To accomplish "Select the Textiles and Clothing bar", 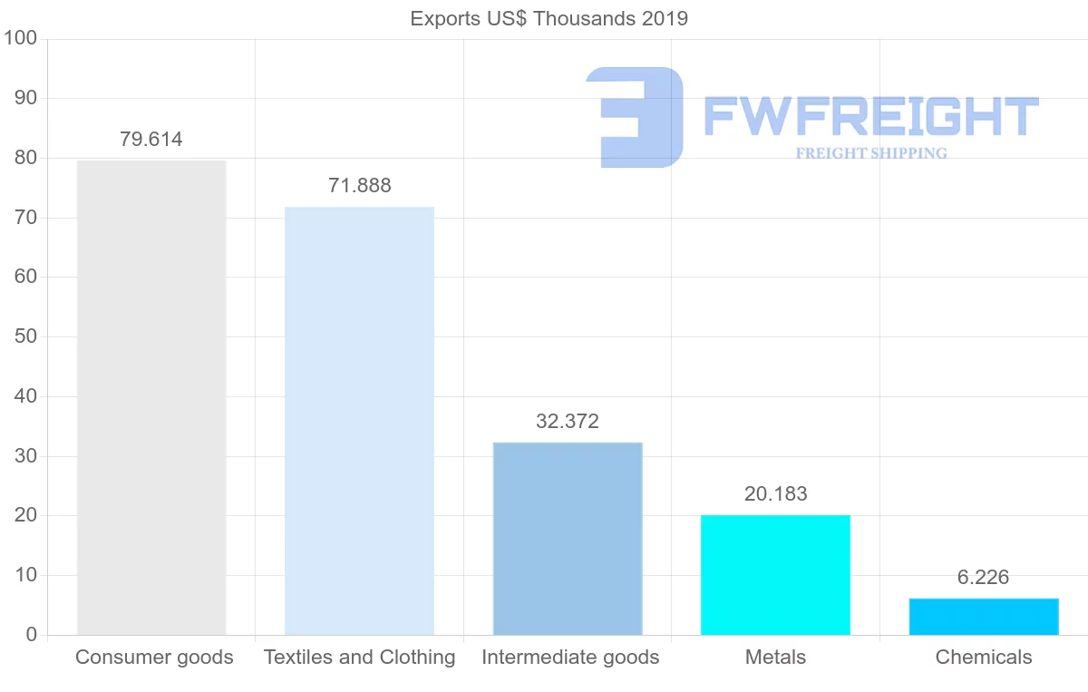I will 359,421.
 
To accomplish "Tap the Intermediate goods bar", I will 568,539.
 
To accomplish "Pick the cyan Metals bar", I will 775,575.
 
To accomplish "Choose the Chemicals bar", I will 984,617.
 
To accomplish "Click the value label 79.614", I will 151,140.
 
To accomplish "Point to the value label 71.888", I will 360,186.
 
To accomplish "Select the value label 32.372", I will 568,422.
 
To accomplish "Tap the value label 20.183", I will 775,494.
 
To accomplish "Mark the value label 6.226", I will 984,578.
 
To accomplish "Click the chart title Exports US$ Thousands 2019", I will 549,18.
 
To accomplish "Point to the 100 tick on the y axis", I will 20,39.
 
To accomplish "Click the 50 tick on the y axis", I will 25,337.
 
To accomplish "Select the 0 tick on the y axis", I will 32,635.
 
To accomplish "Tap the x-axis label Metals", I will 775,658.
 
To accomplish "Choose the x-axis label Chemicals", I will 984,658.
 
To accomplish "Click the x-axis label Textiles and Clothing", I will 360,658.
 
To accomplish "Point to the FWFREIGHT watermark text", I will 870,116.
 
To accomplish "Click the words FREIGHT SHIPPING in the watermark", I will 871,153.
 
